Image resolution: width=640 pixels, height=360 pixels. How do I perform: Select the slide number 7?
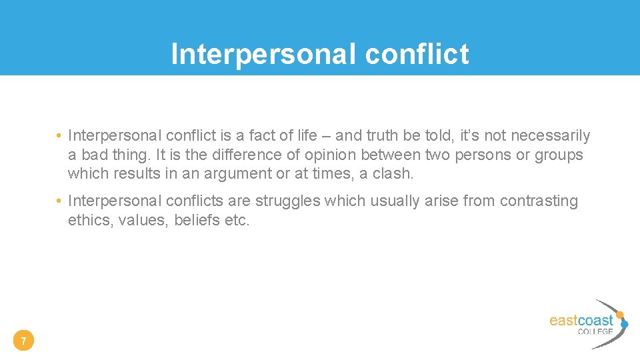(x=23, y=342)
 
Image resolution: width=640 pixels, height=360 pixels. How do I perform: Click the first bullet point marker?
(x=59, y=137)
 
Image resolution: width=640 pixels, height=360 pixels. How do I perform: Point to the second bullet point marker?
(x=59, y=201)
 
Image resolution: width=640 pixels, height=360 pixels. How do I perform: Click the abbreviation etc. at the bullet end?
(x=237, y=220)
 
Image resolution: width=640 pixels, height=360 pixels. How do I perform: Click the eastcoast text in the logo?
(x=581, y=320)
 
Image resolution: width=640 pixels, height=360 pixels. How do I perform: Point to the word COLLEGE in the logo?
(x=595, y=331)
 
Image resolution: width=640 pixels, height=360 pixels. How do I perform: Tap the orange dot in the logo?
(x=619, y=315)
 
